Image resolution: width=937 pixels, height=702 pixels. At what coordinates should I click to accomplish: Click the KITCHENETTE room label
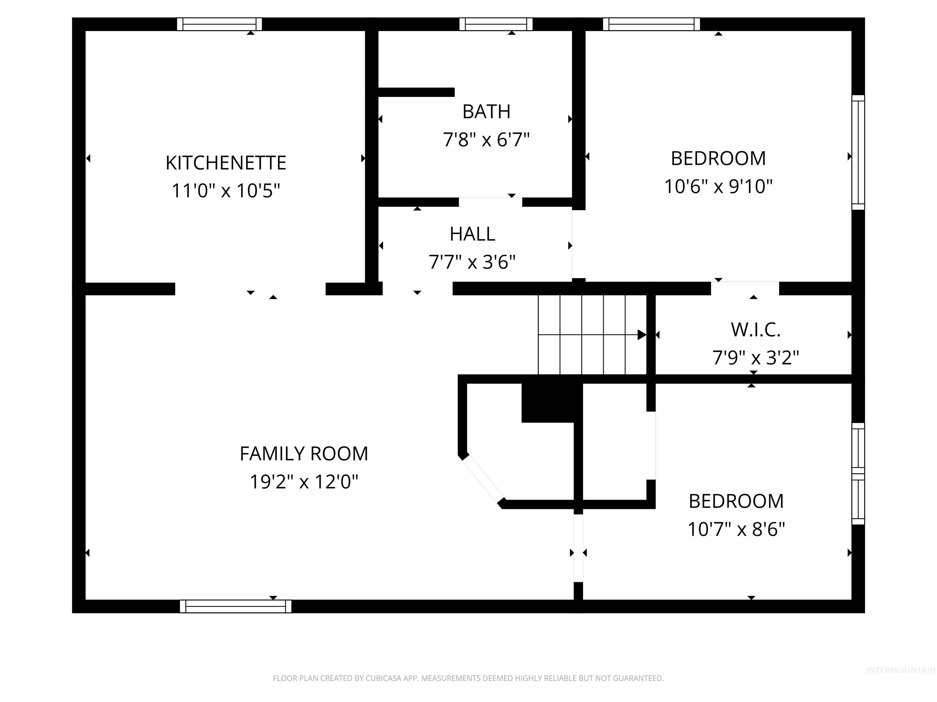(226, 163)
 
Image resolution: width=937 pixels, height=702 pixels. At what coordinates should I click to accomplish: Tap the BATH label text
(486, 112)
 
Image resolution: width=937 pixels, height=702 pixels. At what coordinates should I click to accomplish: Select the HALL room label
(472, 234)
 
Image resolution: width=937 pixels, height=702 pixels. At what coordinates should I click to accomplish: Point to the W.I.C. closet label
(756, 330)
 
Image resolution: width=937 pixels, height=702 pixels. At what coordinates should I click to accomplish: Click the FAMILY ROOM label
(304, 454)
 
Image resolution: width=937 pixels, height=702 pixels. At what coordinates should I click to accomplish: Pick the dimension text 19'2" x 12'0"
(304, 481)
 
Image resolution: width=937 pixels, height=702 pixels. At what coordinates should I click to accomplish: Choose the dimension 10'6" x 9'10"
(718, 186)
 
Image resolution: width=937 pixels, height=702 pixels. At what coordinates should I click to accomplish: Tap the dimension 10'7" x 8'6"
(736, 529)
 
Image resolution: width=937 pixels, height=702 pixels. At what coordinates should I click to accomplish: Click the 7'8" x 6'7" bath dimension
(486, 140)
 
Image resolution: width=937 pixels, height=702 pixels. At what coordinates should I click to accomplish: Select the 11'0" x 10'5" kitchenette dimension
(226, 190)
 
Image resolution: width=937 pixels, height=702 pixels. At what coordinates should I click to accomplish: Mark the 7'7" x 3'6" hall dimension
(472, 262)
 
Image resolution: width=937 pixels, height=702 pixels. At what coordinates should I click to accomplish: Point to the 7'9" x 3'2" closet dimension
(756, 358)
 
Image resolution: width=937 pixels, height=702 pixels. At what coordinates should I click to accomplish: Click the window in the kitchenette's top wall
(219, 24)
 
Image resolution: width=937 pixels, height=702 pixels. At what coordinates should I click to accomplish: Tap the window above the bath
(496, 24)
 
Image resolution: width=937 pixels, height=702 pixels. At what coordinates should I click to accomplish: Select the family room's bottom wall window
(235, 606)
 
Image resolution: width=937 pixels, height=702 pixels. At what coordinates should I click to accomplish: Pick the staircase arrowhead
(642, 335)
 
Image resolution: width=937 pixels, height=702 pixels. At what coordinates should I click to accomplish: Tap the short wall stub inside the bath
(416, 92)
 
